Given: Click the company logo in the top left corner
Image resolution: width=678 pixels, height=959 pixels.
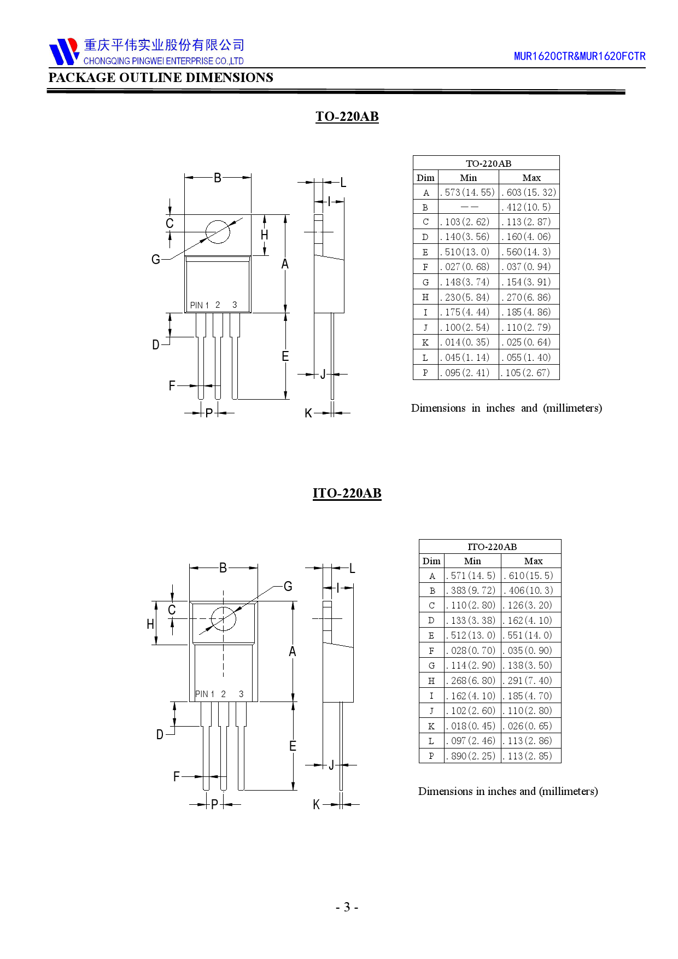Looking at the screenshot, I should tap(64, 51).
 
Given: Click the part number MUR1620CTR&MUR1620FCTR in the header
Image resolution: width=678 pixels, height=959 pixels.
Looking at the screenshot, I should tap(579, 56).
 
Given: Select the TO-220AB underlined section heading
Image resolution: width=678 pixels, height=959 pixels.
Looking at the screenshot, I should tap(347, 116).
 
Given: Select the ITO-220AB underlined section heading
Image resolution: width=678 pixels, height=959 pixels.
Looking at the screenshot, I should tap(347, 493).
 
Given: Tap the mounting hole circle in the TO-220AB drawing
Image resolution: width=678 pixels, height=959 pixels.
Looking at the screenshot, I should tap(218, 232).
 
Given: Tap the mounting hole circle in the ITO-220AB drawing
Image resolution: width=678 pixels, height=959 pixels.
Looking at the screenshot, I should tap(223, 619).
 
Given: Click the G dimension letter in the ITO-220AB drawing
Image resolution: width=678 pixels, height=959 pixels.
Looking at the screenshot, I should tap(288, 587).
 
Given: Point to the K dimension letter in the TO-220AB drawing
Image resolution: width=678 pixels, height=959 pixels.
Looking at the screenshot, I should tap(308, 413).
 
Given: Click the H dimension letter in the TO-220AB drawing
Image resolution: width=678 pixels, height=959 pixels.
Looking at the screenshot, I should tap(265, 235).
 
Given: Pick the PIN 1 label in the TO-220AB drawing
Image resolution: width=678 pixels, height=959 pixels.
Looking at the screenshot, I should tap(200, 305).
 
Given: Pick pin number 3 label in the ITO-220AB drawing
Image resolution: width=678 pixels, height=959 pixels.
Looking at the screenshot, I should tap(241, 694).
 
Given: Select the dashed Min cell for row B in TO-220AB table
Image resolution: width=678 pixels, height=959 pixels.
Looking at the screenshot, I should tap(469, 207).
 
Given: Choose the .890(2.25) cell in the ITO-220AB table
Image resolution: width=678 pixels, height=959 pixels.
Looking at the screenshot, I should tap(472, 756).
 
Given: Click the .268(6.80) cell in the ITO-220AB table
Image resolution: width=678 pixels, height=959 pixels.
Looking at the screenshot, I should tap(472, 681).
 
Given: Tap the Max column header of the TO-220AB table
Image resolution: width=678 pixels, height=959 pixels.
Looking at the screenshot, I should tap(531, 178).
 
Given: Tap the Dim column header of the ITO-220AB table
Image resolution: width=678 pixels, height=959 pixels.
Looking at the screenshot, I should tap(431, 561).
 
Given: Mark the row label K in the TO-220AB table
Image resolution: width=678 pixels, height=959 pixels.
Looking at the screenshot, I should tap(425, 343).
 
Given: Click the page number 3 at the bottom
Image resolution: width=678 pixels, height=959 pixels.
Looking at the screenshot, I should tap(347, 907).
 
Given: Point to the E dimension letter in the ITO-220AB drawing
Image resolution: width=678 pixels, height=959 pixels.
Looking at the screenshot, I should tap(293, 746).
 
